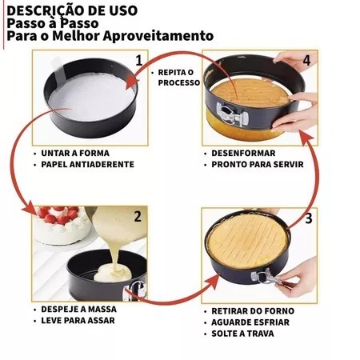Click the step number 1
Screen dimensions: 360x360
pos(139,61)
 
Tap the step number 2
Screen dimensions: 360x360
pos(138,217)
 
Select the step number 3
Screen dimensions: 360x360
pos(309,218)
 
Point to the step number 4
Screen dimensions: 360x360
pos(306,61)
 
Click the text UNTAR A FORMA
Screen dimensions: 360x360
pos(75,154)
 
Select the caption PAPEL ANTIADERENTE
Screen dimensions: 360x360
pos(87,165)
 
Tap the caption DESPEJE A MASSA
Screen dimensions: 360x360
pos(78,310)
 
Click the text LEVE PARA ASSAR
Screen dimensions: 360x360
pos(78,321)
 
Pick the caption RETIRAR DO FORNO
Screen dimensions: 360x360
pos(253,311)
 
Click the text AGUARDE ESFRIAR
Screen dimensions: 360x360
pos(250,322)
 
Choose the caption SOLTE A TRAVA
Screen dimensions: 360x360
pos(242,334)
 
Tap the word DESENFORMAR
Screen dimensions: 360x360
pos(243,154)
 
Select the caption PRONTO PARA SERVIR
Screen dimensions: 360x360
pos(258,165)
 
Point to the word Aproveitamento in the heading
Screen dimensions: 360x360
pos(158,36)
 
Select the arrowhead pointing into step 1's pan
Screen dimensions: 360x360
pos(131,82)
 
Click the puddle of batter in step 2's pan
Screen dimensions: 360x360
pos(113,274)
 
